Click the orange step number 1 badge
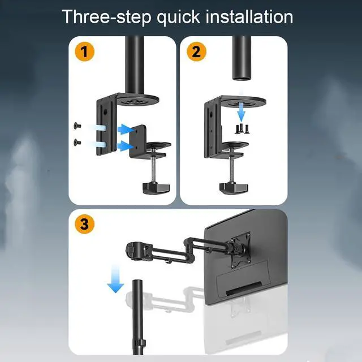[84, 51]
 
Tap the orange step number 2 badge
[196, 51]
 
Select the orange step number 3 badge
[84, 224]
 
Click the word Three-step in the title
[106, 17]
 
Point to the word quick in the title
[178, 18]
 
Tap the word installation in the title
[249, 16]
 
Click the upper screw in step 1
[77, 126]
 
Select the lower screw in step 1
[77, 142]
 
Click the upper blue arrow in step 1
[126, 130]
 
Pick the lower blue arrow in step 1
[126, 146]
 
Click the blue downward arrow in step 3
[115, 279]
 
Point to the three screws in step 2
[242, 129]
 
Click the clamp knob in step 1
[156, 188]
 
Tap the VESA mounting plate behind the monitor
[240, 251]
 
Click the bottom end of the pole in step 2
[242, 79]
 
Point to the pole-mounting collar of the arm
[134, 251]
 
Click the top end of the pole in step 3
[137, 281]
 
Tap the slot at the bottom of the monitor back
[244, 288]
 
